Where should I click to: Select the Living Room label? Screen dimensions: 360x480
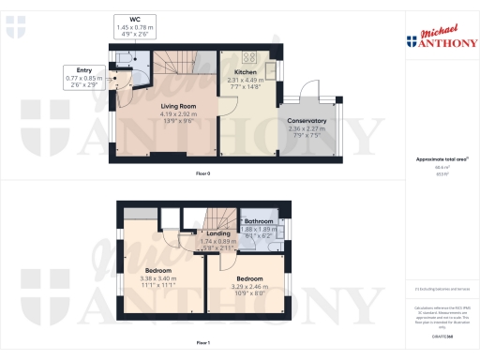[x=166, y=107]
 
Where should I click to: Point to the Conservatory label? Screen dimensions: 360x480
[x=307, y=121]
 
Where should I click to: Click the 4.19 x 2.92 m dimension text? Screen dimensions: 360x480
[x=166, y=114]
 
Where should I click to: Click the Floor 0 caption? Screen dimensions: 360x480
[x=203, y=174]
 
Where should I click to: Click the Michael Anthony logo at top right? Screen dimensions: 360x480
[x=441, y=37]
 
